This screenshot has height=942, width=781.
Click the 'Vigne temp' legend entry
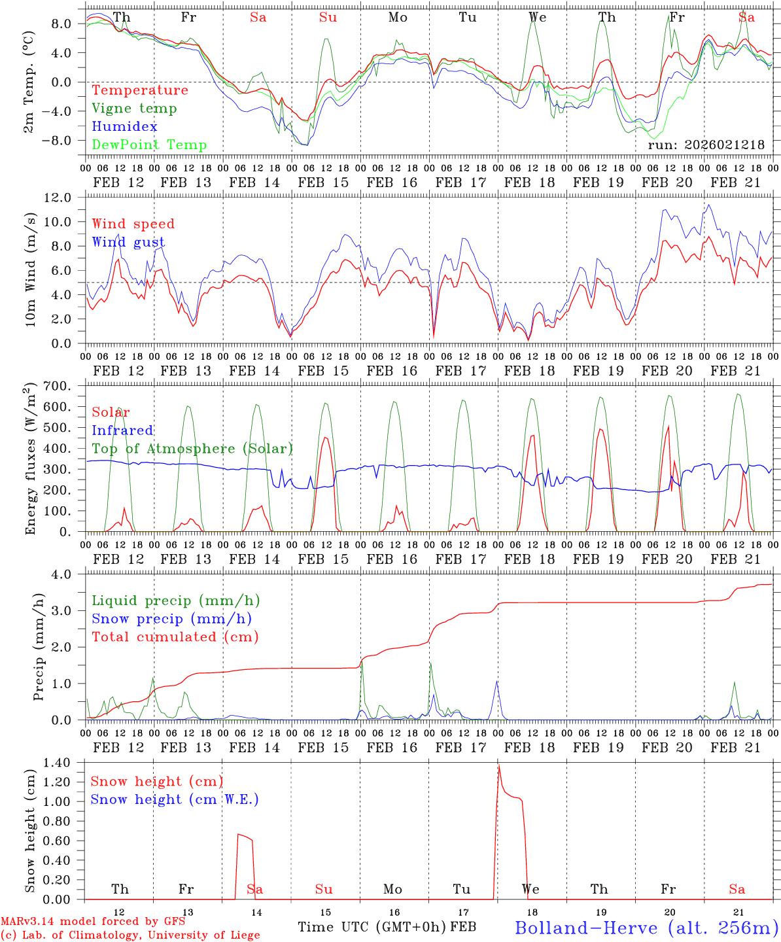pyautogui.click(x=134, y=109)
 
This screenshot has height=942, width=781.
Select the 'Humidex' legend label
pyautogui.click(x=124, y=127)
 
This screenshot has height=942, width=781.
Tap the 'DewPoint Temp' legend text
pyautogui.click(x=149, y=145)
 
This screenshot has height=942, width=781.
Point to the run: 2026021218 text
pyautogui.click(x=706, y=145)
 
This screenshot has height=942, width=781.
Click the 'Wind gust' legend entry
pyautogui.click(x=128, y=242)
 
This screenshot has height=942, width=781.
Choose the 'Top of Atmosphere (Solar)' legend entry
pyautogui.click(x=192, y=449)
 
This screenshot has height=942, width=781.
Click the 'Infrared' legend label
pyautogui.click(x=122, y=430)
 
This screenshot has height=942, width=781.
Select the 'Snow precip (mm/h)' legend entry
pyautogui.click(x=171, y=619)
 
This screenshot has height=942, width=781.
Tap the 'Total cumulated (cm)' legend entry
pyautogui.click(x=175, y=637)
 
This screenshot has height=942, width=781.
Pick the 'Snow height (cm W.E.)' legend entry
pyautogui.click(x=175, y=799)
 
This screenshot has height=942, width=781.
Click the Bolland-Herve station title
pyautogui.click(x=646, y=928)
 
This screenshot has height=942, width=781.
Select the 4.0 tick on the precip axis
pyautogui.click(x=68, y=574)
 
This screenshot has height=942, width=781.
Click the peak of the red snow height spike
pyautogui.click(x=498, y=766)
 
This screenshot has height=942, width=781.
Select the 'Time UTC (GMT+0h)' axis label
pyautogui.click(x=372, y=927)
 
